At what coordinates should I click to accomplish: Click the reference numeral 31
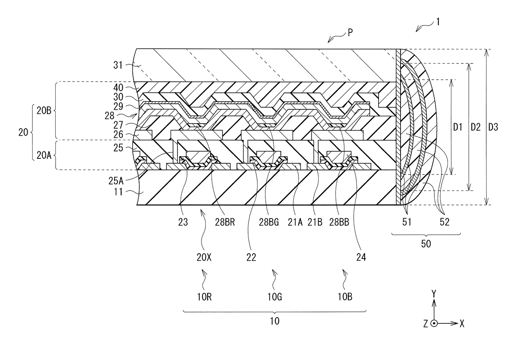118,65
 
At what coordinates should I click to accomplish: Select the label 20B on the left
44,111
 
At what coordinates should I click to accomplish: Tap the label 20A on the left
44,155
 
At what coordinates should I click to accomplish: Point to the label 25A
116,181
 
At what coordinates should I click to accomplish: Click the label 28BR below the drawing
225,222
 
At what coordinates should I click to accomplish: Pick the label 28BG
269,222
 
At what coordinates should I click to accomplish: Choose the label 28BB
339,222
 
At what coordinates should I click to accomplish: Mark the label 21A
295,222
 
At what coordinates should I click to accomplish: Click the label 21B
315,222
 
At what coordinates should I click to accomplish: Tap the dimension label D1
457,127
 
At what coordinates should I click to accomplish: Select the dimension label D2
476,127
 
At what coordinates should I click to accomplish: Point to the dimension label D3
493,127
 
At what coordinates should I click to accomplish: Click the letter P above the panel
350,33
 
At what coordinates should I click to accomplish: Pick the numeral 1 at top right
438,22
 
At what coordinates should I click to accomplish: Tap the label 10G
274,297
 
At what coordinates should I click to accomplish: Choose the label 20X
204,257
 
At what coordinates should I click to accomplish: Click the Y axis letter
434,294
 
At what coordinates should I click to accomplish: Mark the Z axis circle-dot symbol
434,323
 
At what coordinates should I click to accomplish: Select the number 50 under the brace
426,244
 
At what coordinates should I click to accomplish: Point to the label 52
444,222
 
